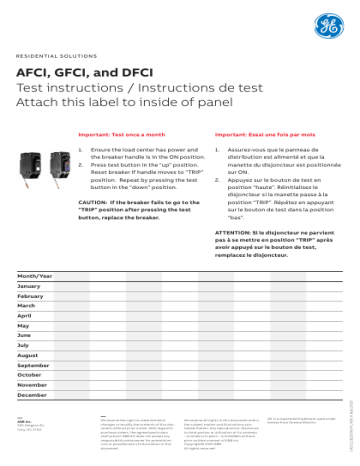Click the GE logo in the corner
point(326,27)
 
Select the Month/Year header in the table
point(35,275)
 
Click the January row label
point(29,286)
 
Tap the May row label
point(24,326)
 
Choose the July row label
point(24,345)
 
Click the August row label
point(28,355)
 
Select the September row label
point(33,365)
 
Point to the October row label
point(30,375)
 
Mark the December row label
point(32,395)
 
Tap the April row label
point(25,316)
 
